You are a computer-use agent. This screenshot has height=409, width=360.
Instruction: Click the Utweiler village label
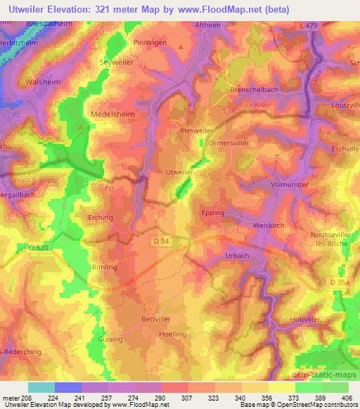(x=177, y=171)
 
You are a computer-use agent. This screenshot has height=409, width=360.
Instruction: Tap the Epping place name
(x=212, y=212)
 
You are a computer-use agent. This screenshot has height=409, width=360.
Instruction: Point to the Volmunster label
(x=290, y=186)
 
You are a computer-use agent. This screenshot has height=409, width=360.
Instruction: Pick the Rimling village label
(x=104, y=267)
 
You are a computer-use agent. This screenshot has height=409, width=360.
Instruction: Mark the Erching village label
(x=100, y=217)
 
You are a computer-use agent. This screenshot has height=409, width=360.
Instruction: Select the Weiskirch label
(x=268, y=225)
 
